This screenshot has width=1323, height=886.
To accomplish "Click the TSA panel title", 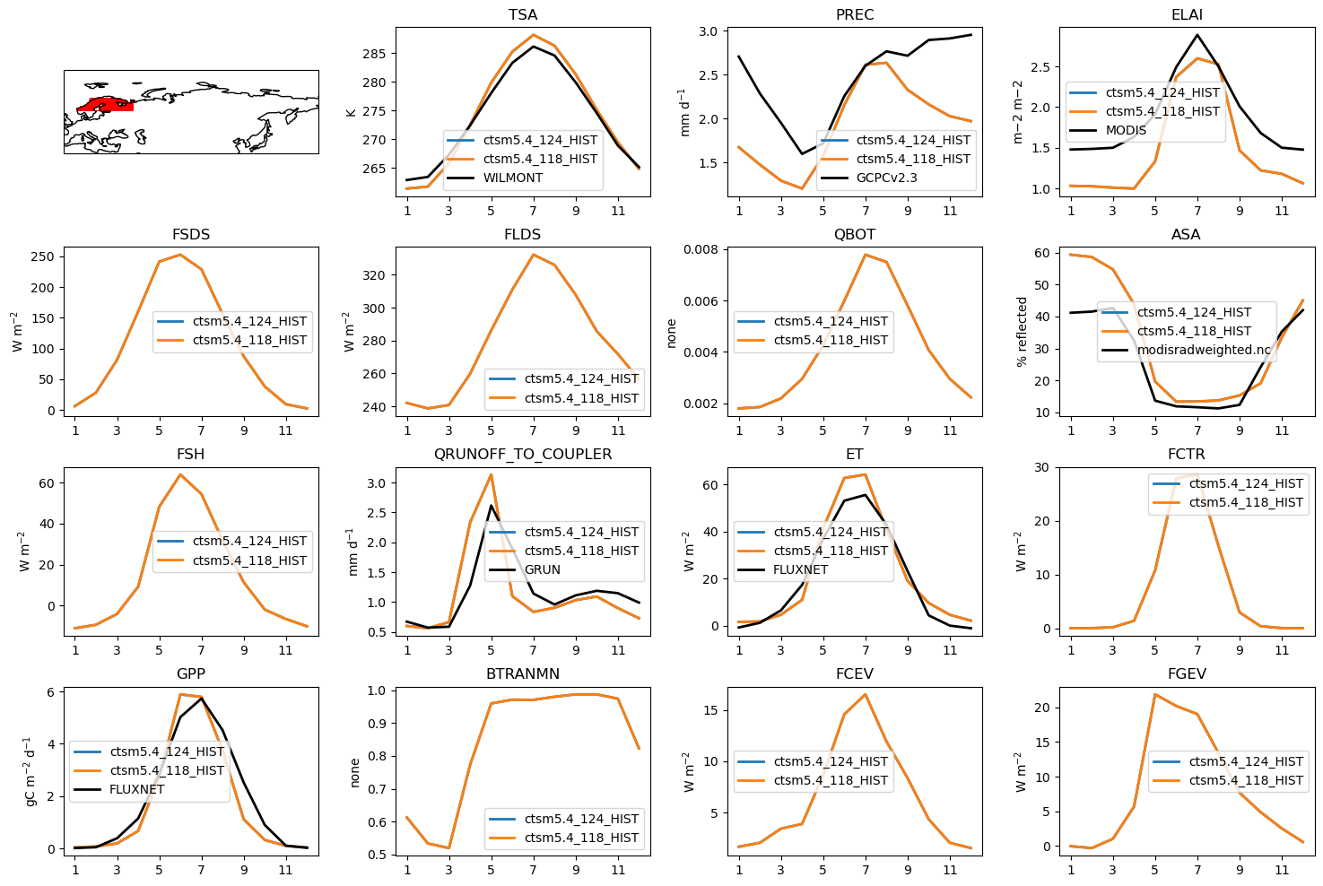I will coord(523,15).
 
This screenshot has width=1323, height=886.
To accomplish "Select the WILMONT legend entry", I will coord(513,178).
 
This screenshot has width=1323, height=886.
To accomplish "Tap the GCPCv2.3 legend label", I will coord(886,178).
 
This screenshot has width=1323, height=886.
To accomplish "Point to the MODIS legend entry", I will coord(1126,130).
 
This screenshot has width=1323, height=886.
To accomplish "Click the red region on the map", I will coord(106,105).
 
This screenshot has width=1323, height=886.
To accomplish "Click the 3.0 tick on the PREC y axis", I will coord(708,31).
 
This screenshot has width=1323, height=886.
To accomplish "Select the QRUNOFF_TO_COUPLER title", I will coord(523,455).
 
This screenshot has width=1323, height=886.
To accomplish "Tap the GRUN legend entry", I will coord(543,569).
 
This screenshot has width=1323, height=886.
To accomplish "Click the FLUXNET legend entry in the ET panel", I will coord(801,569).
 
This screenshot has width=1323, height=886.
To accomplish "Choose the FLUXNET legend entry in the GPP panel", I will coord(137,789).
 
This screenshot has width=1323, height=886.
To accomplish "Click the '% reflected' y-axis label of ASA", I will coord(1021,332).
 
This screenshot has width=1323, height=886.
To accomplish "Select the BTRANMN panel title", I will coord(523,674).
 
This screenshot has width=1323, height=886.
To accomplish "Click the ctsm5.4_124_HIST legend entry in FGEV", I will coord(1246,761).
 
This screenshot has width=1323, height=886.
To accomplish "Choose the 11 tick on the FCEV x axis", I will coord(950,870).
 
